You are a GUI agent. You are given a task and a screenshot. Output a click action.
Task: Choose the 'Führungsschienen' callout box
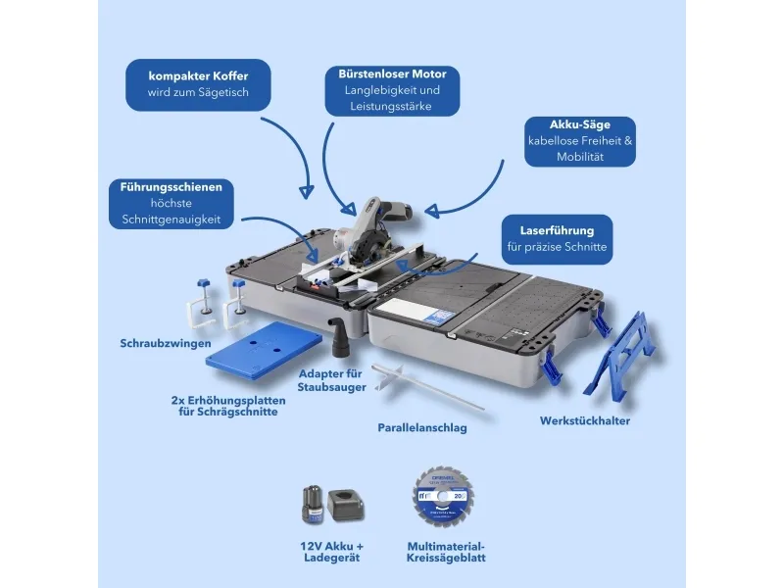click(172, 203)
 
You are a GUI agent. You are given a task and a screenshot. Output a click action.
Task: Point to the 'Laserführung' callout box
click(558, 239)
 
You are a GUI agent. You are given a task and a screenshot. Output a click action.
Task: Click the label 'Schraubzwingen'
click(162, 344)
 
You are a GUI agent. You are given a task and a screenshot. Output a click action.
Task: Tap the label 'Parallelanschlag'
click(422, 428)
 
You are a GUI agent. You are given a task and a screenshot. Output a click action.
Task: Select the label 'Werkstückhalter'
click(584, 421)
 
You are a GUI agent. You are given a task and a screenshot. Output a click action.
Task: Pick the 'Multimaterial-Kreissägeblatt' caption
click(446, 552)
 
